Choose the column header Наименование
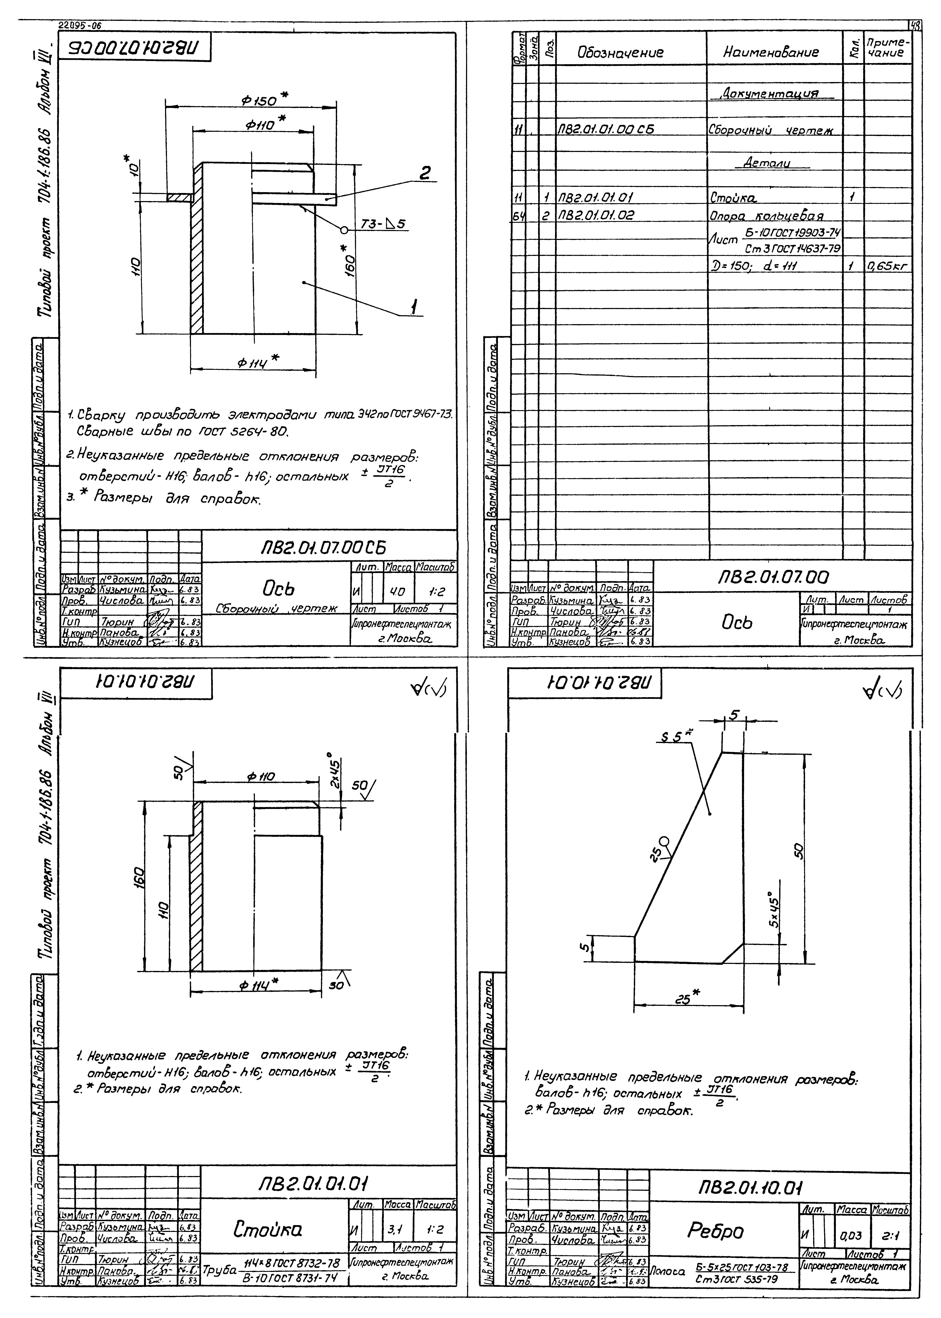771,53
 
